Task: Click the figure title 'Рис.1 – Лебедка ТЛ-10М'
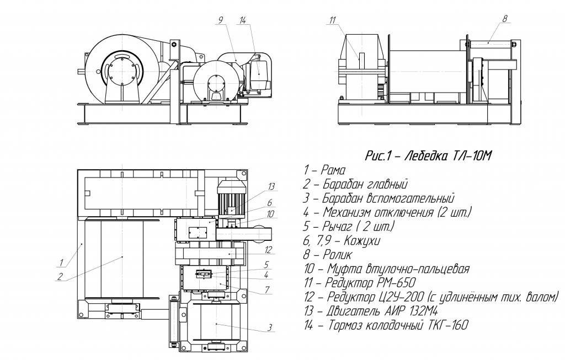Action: [x=428, y=156]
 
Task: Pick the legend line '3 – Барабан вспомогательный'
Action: [x=379, y=197]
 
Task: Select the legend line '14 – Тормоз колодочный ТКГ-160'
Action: [x=386, y=325]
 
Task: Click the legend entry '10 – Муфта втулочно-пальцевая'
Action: [x=386, y=269]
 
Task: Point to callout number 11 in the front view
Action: [x=332, y=20]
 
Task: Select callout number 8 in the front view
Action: [x=505, y=18]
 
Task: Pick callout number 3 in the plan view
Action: [x=270, y=328]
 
